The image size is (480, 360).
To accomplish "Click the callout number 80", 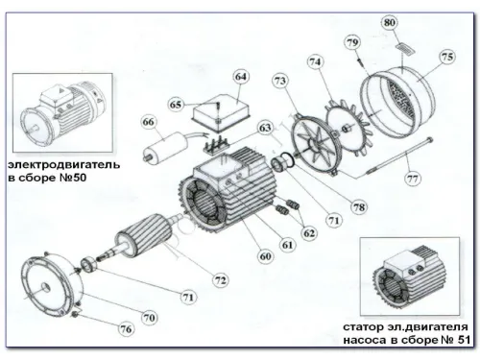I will pos(389,22).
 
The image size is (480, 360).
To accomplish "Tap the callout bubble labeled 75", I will pos(447,57).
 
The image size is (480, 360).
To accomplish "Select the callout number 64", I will pos(240,76).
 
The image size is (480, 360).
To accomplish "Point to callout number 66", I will pos(148,122).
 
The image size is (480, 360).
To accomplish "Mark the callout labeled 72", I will pos(221,280).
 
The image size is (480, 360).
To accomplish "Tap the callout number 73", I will pos(280,84).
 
